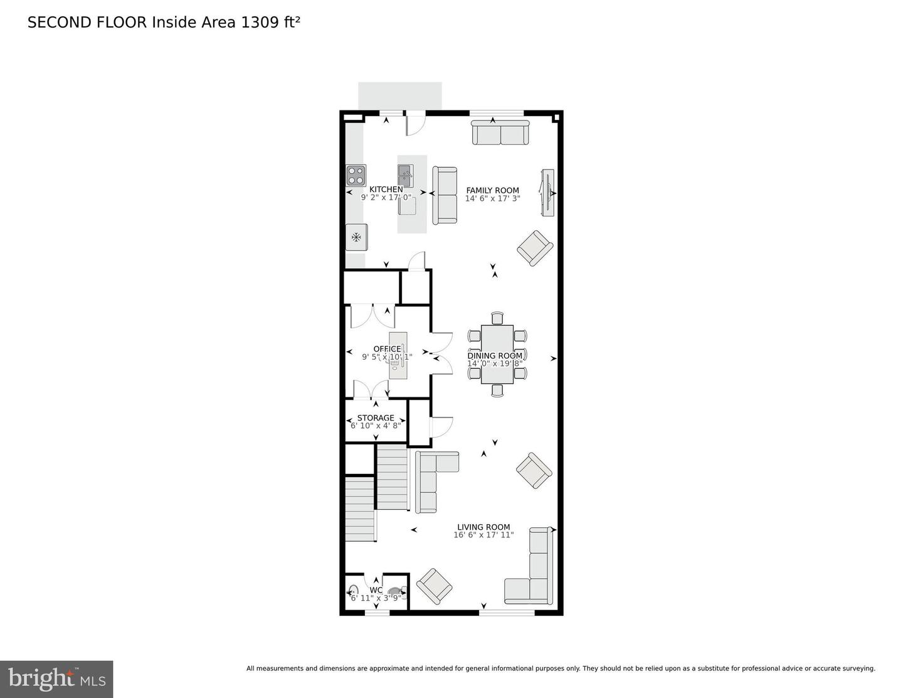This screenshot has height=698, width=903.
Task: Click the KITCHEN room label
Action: (386, 190)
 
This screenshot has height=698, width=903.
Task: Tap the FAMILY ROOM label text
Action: (492, 190)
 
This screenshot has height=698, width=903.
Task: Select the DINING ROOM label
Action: (494, 356)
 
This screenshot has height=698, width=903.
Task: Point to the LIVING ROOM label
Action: (483, 527)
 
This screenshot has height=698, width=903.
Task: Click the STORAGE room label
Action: (376, 418)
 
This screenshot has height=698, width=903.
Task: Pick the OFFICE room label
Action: (387, 349)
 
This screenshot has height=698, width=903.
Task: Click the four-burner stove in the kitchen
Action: (356, 175)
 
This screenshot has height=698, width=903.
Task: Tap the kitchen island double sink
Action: (405, 175)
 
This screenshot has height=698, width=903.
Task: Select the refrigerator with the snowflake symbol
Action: (356, 237)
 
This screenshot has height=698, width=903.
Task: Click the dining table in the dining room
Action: (497, 354)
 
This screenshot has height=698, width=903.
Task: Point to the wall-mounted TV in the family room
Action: (547, 193)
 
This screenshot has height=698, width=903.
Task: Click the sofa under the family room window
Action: (500, 133)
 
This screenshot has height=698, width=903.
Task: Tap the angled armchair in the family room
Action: (535, 248)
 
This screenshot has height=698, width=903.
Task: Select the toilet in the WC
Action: (395, 592)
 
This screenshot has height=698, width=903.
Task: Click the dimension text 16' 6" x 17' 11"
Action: (483, 535)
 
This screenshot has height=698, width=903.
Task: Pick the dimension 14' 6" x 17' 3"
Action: (492, 198)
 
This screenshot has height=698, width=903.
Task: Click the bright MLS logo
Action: (56, 679)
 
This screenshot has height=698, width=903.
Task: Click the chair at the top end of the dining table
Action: (497, 318)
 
